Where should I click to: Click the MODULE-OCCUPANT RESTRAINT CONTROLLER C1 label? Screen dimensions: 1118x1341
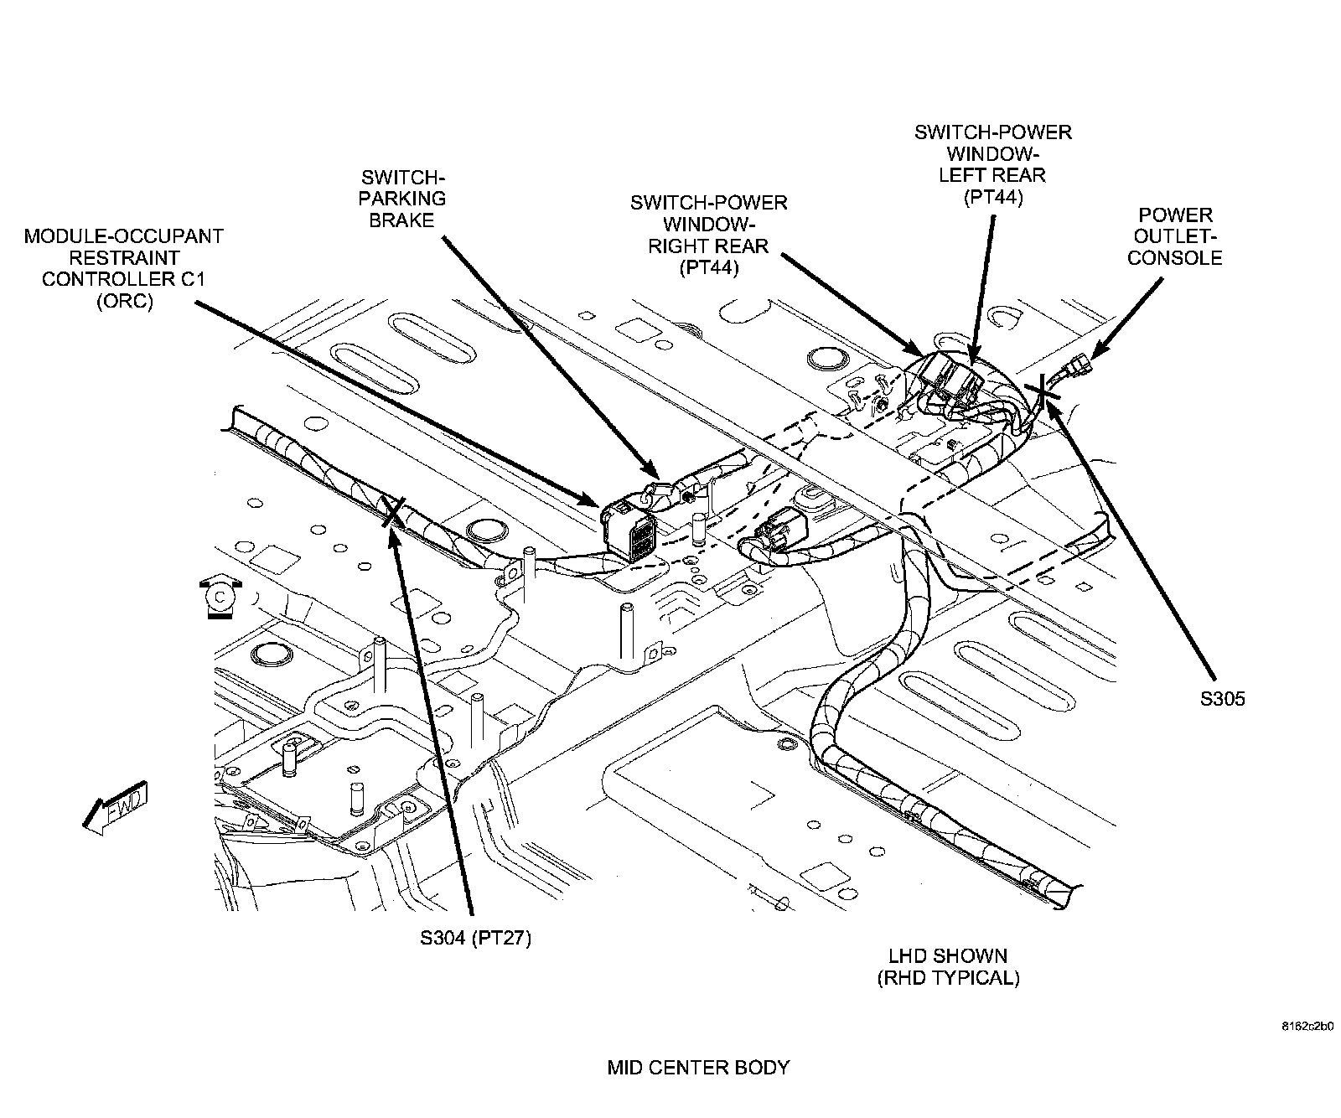[x=123, y=268]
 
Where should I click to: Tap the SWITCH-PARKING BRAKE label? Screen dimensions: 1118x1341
[x=402, y=199]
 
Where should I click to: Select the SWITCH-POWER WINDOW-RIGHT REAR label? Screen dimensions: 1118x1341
[x=708, y=236]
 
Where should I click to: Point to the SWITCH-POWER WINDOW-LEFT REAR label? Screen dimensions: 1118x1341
[x=992, y=164]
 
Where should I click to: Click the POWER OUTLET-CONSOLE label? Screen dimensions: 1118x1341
[x=1174, y=236]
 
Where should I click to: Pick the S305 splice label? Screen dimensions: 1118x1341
[x=1222, y=698]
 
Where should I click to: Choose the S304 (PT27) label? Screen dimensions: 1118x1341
[x=476, y=937]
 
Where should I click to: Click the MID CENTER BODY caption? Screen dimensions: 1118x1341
[x=697, y=1067]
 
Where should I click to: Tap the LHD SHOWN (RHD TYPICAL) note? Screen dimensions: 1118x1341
[x=948, y=966]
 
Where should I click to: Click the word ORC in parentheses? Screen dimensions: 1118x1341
[x=124, y=301]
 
